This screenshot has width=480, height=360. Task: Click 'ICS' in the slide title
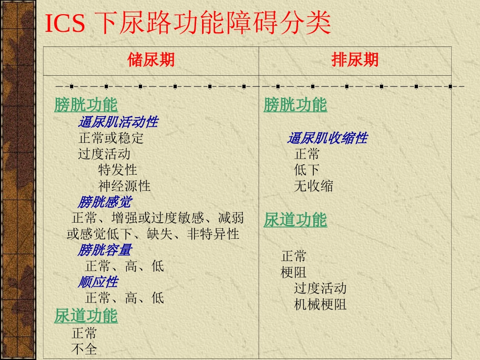pyautogui.click(x=65, y=24)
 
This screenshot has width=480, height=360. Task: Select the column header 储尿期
pyautogui.click(x=151, y=60)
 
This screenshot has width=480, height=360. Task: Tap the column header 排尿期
pyautogui.click(x=355, y=60)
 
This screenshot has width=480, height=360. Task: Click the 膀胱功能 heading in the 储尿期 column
pyautogui.click(x=86, y=105)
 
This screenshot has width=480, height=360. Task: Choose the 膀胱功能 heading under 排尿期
pyautogui.click(x=295, y=105)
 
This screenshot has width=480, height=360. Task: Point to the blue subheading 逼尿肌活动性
pyautogui.click(x=118, y=122)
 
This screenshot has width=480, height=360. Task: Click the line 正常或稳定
pyautogui.click(x=111, y=138)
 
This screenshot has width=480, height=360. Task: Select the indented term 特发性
pyautogui.click(x=118, y=170)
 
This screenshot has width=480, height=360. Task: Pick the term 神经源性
pyautogui.click(x=124, y=186)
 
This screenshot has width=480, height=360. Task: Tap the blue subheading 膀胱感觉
pyautogui.click(x=105, y=202)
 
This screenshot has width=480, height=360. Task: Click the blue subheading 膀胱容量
pyautogui.click(x=105, y=249)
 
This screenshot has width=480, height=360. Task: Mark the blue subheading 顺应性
pyautogui.click(x=98, y=281)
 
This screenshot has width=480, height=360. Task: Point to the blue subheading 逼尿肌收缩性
pyautogui.click(x=327, y=138)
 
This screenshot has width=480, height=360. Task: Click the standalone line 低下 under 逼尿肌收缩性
pyautogui.click(x=307, y=170)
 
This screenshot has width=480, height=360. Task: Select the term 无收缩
pyautogui.click(x=313, y=186)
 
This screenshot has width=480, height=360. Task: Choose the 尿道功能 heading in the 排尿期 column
pyautogui.click(x=295, y=220)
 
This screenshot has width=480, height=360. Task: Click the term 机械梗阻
pyautogui.click(x=320, y=304)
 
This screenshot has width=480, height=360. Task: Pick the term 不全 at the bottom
pyautogui.click(x=84, y=348)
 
